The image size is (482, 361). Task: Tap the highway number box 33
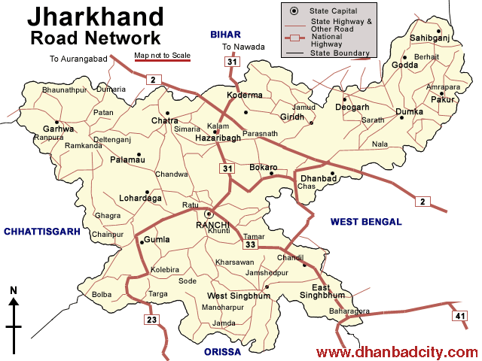[251, 244]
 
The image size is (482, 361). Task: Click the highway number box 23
[153, 320]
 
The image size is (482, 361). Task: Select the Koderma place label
[245, 96]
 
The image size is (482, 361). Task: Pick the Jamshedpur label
[267, 272]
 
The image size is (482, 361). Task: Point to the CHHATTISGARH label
[41, 232]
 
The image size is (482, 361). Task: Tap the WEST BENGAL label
[366, 222]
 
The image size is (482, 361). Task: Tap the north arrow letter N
[13, 290]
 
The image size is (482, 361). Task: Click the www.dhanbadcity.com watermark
[396, 352]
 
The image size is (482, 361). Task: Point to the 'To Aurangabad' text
[78, 59]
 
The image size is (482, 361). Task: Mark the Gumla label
[156, 240]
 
